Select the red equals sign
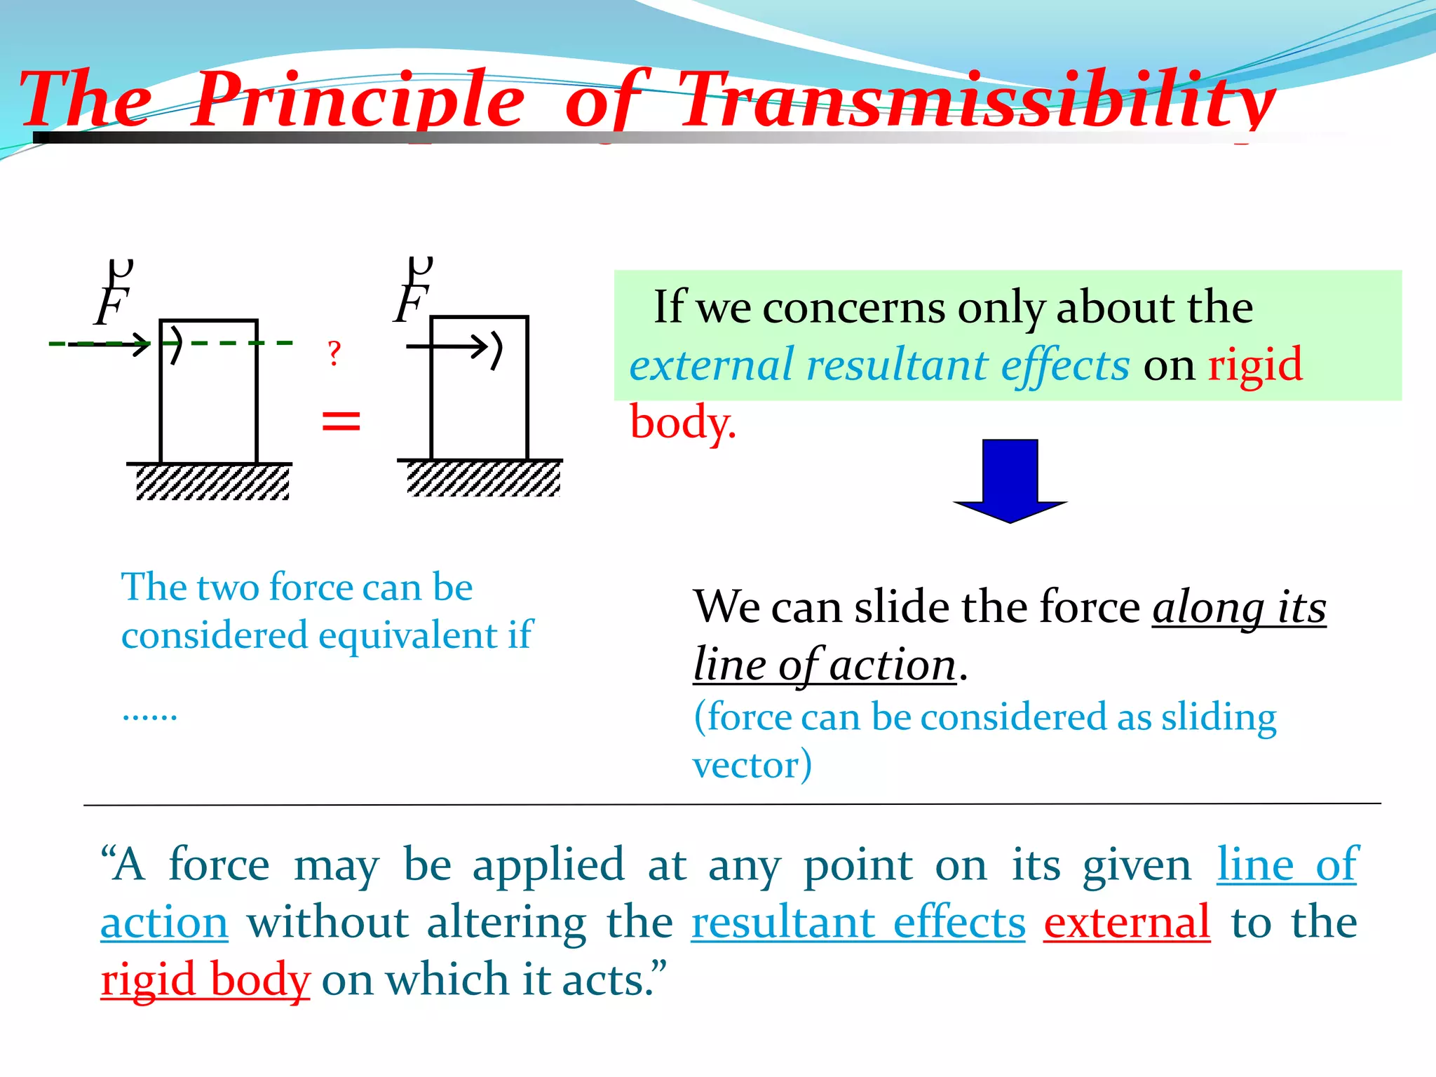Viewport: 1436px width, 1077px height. (x=341, y=421)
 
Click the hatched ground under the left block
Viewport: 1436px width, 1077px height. (x=212, y=482)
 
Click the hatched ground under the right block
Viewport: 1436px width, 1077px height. (x=483, y=479)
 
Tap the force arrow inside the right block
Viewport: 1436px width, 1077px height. (x=449, y=346)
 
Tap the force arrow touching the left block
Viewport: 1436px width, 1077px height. (x=112, y=344)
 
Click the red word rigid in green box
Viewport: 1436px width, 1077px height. (x=1254, y=365)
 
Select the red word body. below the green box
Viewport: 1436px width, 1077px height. (x=682, y=423)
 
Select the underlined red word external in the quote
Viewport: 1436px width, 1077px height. (x=1127, y=922)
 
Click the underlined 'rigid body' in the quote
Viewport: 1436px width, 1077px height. (x=205, y=980)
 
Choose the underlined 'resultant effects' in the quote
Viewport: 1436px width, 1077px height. (x=858, y=922)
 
